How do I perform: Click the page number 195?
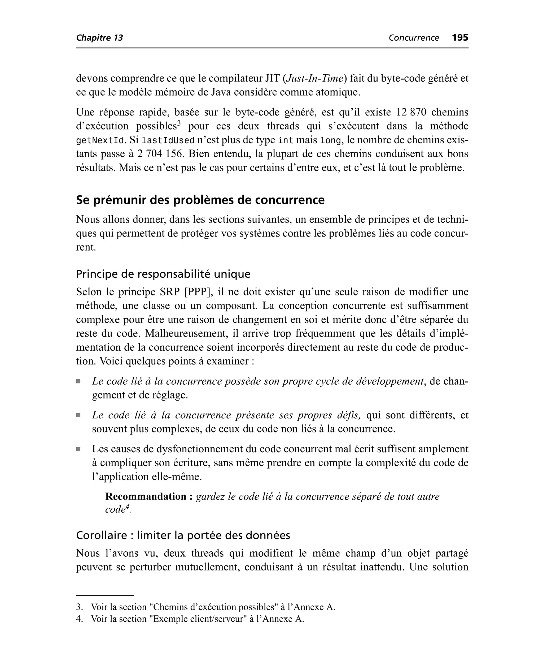point(460,38)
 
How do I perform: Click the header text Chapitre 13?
point(99,38)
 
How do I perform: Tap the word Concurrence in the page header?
point(414,38)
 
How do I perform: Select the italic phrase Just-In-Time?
point(315,78)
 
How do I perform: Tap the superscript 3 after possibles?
point(179,123)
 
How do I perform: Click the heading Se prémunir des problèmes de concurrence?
point(200,200)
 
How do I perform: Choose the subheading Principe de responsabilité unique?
point(163,274)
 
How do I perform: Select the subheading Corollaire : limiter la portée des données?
point(183,535)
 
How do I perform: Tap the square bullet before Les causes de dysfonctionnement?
point(78,449)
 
